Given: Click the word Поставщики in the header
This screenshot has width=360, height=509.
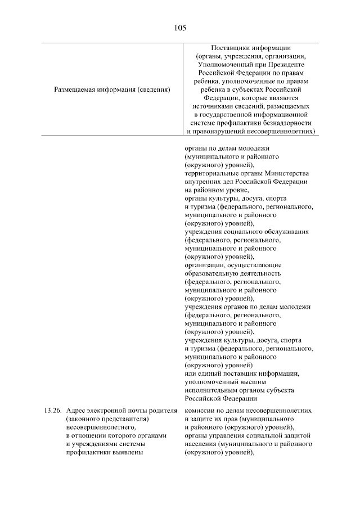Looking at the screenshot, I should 232,48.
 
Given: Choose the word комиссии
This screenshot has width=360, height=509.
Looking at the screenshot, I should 201,411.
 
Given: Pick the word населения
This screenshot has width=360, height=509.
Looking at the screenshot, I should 201,444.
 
